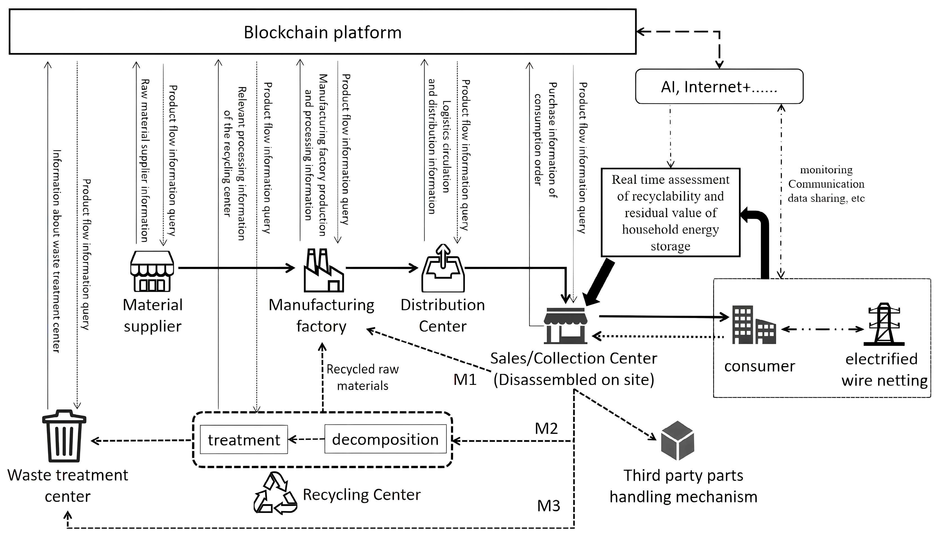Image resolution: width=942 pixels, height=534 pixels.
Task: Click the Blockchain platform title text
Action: point(323,32)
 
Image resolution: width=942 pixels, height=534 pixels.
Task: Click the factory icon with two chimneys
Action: point(324,270)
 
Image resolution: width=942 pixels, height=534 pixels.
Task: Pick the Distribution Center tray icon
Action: point(443,268)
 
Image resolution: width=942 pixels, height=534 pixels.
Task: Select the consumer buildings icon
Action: point(754,325)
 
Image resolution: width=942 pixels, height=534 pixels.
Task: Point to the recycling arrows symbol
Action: point(275,493)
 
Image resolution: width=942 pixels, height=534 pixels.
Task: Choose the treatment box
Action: point(244,440)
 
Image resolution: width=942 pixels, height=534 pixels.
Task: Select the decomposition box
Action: point(385,439)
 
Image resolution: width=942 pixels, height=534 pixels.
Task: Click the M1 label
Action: point(465,379)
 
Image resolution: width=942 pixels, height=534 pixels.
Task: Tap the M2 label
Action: point(546,428)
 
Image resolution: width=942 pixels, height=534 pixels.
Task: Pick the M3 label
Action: point(549,506)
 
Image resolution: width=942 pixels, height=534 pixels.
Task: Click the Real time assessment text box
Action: point(670,212)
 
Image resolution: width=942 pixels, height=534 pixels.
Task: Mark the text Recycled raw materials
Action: point(362,377)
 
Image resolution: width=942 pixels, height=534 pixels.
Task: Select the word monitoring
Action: point(826,170)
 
